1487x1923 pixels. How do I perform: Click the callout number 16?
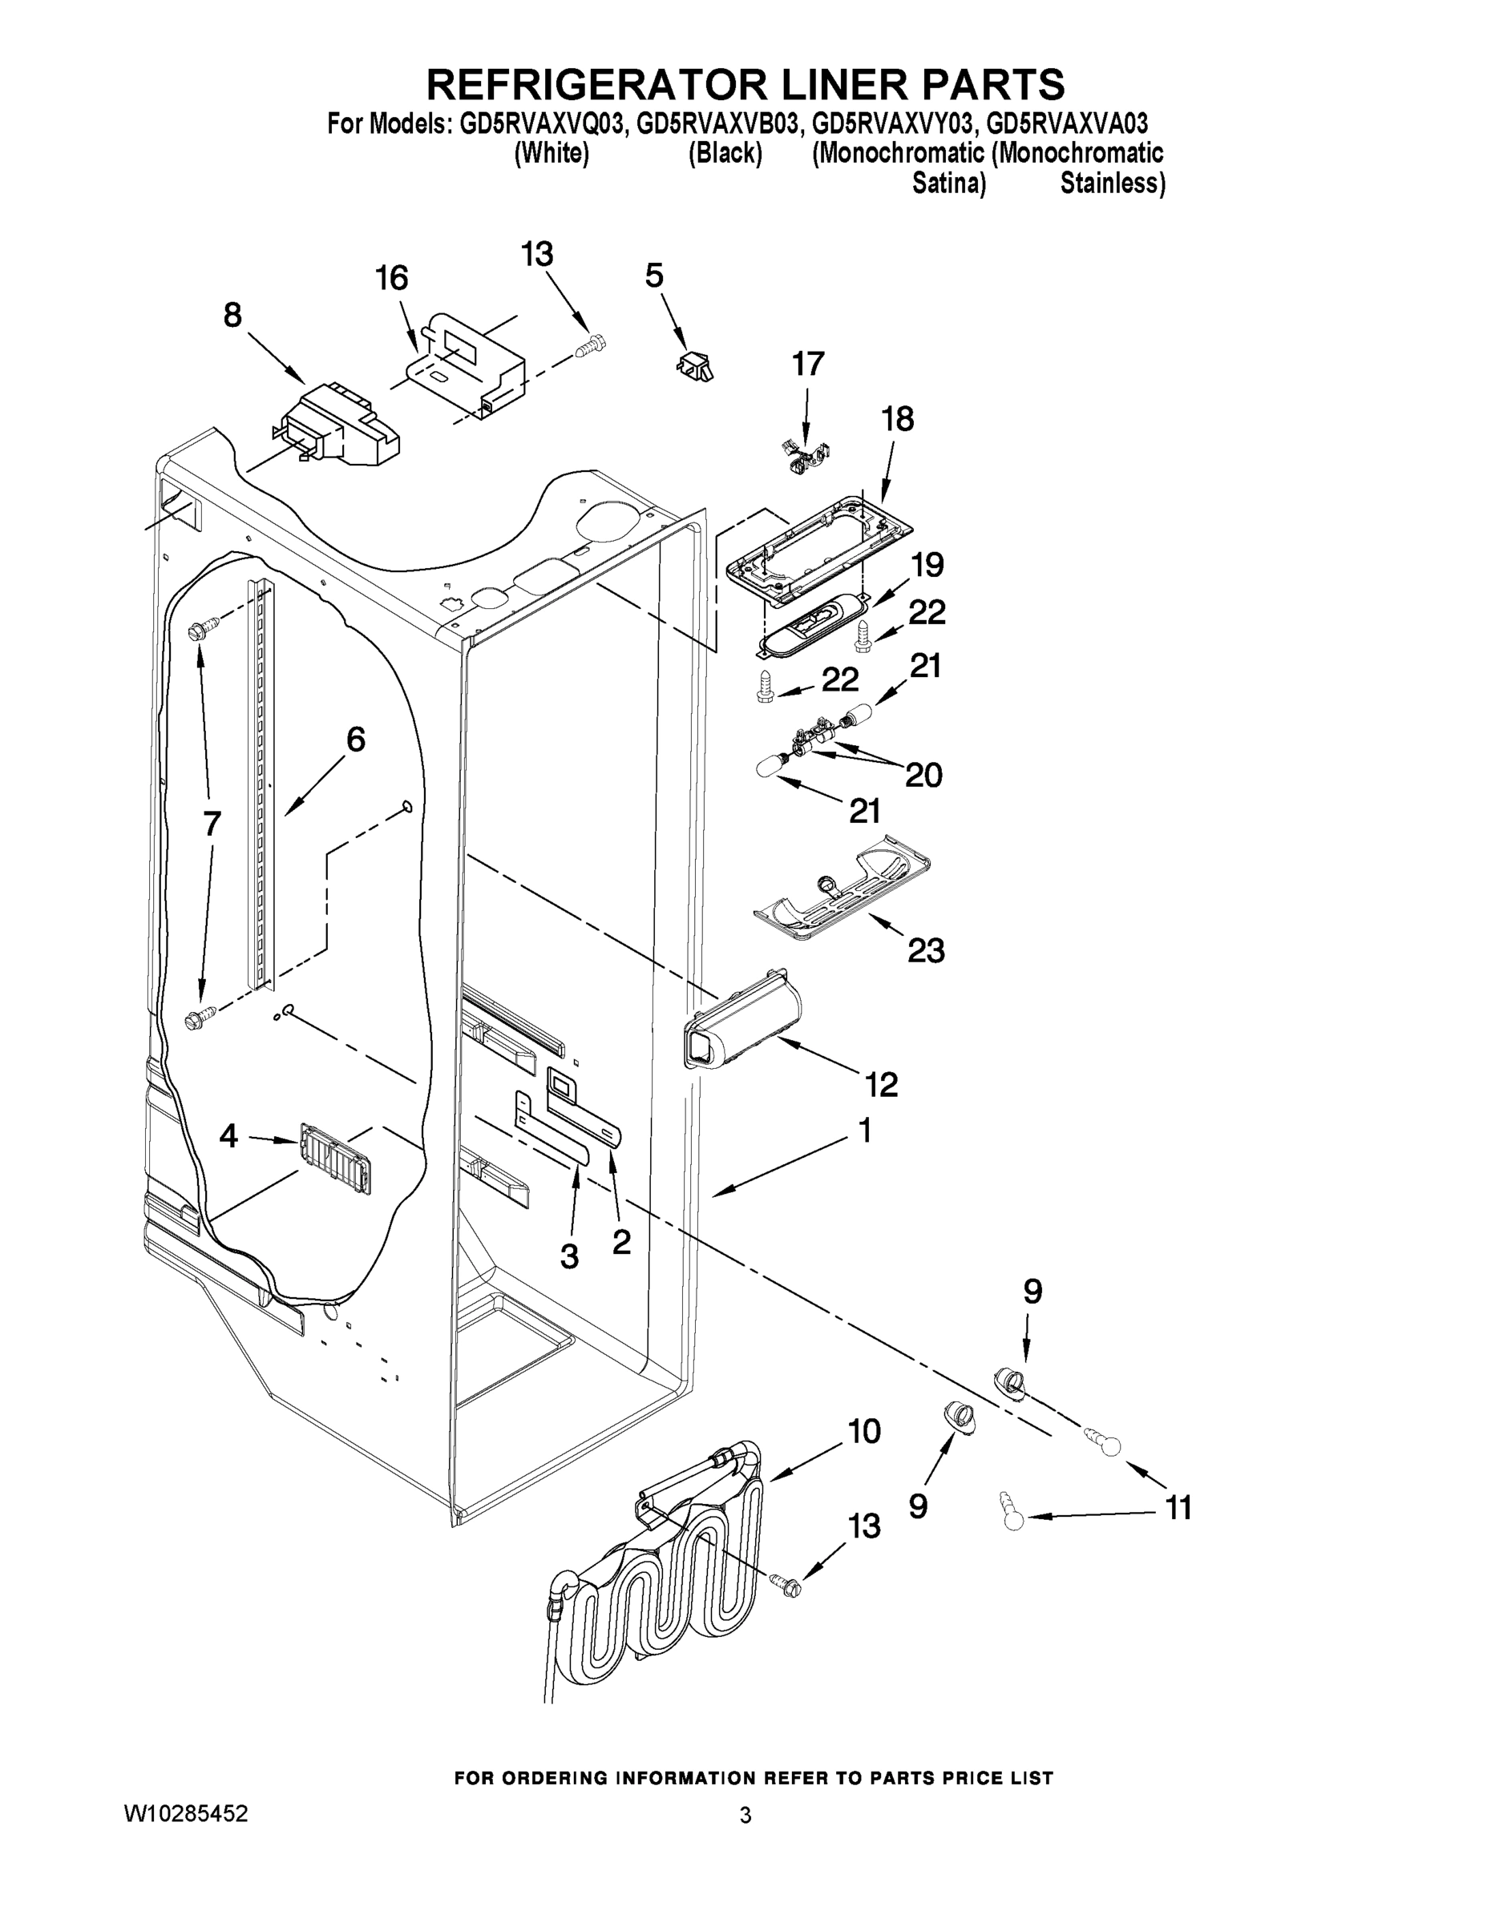coord(392,278)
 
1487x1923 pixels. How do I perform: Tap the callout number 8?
coord(232,314)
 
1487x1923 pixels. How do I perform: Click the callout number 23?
coord(926,950)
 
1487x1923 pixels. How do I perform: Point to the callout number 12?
coord(881,1085)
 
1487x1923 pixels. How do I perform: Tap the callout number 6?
coord(355,740)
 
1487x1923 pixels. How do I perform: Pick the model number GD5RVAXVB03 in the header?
coord(718,123)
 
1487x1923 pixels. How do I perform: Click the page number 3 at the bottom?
coord(746,1816)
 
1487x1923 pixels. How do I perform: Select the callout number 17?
coord(808,364)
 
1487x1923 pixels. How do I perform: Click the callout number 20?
coord(923,775)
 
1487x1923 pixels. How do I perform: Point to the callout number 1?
coord(864,1131)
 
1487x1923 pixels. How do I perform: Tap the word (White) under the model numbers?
coord(552,153)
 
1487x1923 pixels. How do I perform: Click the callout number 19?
coord(927,564)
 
